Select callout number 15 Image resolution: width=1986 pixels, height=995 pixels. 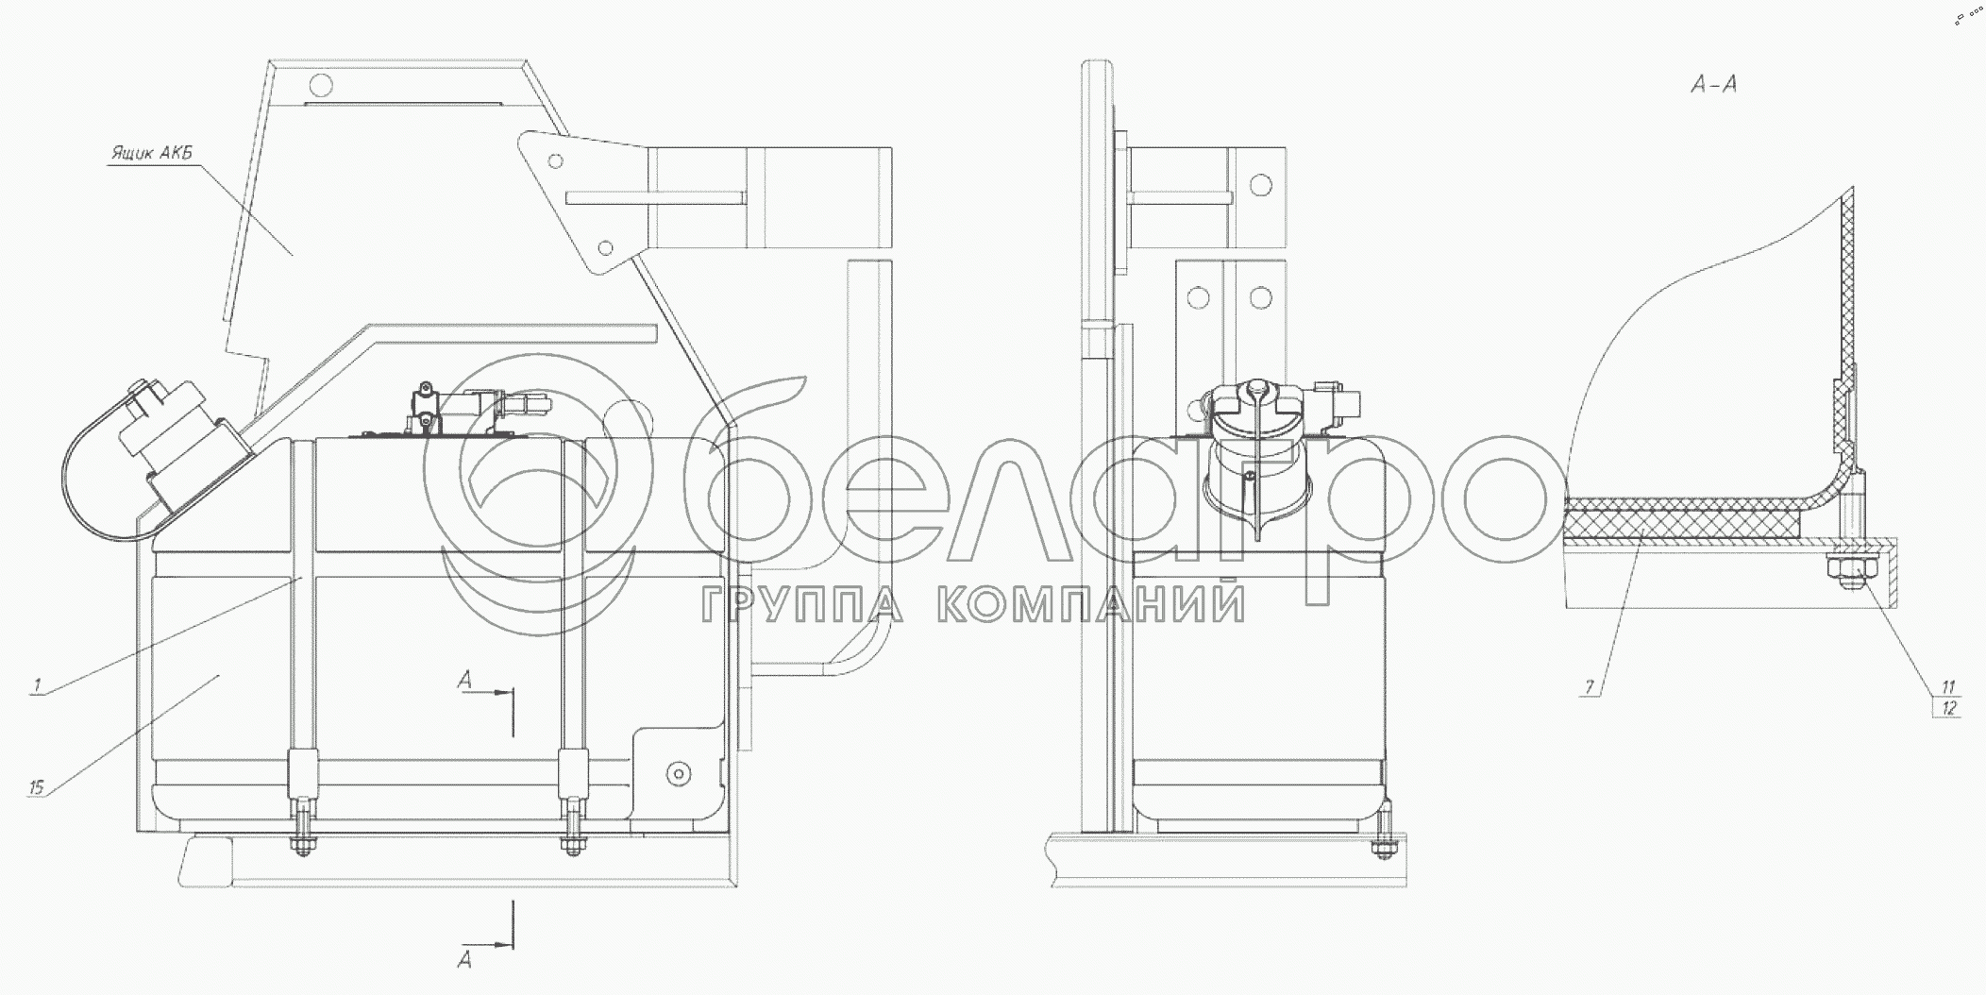[x=36, y=785]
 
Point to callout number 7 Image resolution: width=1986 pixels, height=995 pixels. [x=1590, y=687]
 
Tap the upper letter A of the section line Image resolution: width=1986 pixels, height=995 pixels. [x=464, y=680]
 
